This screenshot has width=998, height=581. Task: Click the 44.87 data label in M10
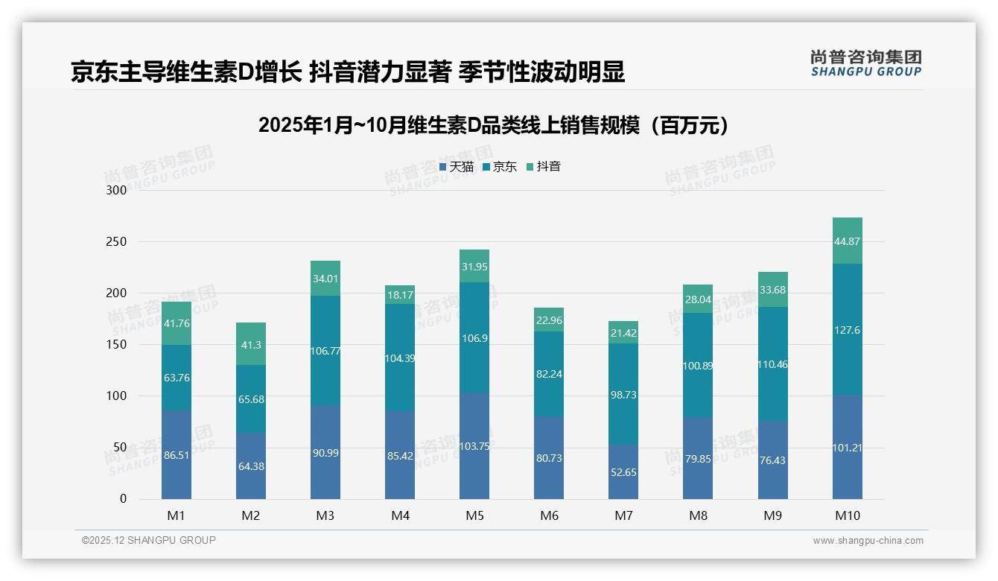point(847,241)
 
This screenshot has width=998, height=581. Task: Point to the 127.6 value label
point(847,330)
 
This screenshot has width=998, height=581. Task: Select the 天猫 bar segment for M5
point(474,445)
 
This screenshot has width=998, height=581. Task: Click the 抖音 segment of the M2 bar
point(251,343)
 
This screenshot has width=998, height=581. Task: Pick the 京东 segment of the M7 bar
point(623,394)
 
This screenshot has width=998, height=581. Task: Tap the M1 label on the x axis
point(177,515)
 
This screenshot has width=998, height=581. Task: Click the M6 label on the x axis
point(549,515)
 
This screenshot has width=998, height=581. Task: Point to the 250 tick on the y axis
point(117,242)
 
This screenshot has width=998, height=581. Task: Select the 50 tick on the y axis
point(119,448)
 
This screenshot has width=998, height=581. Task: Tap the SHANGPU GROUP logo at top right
point(865,63)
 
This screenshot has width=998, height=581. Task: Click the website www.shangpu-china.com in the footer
point(868,541)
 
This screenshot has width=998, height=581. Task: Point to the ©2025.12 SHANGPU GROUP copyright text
point(148,541)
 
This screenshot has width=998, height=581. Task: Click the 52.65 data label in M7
point(623,472)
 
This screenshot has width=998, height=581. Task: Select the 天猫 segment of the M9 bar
point(772,460)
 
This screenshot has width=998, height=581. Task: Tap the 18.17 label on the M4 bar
point(400,296)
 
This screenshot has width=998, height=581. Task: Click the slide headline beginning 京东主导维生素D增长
point(347,72)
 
